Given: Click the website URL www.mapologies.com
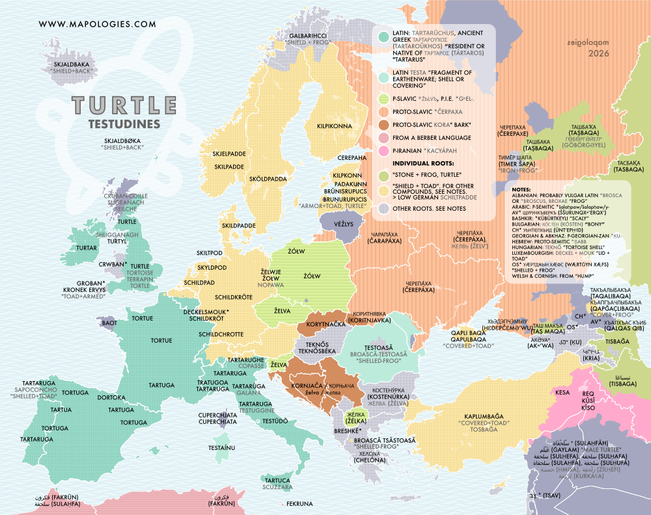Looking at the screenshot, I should point(98,24).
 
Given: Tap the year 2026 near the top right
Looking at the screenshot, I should point(598,54).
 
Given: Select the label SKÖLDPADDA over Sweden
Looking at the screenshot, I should point(268,178).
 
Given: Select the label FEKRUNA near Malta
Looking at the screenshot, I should point(299,503).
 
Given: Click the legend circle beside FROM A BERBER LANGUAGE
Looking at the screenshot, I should point(383,137).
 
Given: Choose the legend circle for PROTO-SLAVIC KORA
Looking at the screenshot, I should point(383,124).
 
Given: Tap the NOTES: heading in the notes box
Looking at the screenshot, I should point(521,188).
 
